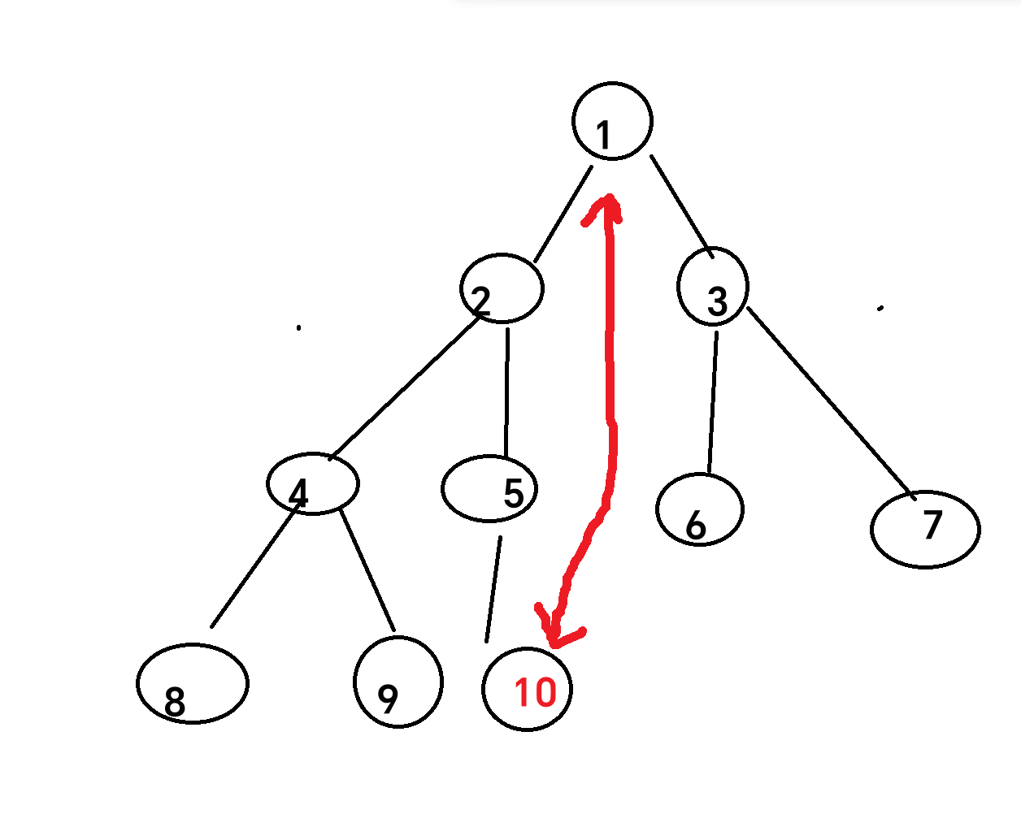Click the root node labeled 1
tap(612, 121)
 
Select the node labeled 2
tap(502, 288)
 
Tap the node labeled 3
tap(713, 286)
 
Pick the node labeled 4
tap(313, 483)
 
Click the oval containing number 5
tap(489, 488)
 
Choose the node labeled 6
tap(699, 509)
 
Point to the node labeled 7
tap(925, 529)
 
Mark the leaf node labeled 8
tap(193, 683)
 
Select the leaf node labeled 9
tap(398, 682)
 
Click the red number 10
tap(535, 692)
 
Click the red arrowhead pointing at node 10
tap(556, 634)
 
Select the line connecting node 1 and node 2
tap(563, 214)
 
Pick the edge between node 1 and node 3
tap(681, 206)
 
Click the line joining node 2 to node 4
tap(404, 390)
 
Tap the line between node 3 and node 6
tap(713, 402)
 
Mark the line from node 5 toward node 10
tap(493, 589)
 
